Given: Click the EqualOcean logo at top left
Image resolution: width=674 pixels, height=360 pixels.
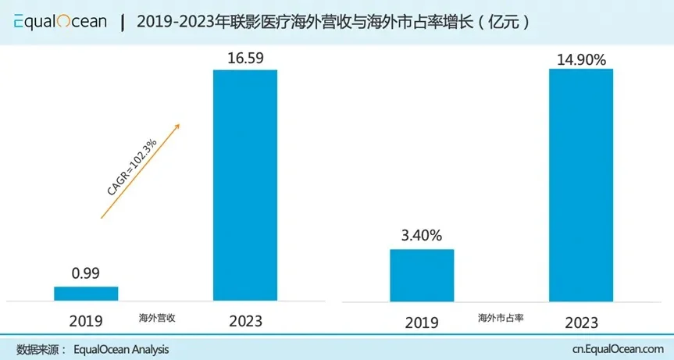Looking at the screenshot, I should click(x=60, y=22).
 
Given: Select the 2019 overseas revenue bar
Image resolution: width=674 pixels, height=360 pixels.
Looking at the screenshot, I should click(x=86, y=294).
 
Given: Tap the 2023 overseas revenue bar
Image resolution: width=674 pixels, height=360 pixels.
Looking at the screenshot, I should click(x=245, y=185).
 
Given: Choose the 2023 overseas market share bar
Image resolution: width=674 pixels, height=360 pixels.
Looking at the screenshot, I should click(x=580, y=185).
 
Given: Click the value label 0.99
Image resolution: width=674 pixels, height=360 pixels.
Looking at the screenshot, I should click(x=86, y=274).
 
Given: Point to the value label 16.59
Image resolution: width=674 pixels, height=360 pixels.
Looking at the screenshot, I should click(x=245, y=57).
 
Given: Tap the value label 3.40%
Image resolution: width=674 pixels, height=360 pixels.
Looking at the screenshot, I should click(x=422, y=235).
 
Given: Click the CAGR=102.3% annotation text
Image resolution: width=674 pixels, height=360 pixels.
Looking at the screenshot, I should click(x=132, y=166).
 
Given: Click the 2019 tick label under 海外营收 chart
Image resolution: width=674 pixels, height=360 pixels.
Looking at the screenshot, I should click(x=86, y=321).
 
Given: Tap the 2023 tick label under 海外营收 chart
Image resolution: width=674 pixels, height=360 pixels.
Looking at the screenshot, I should click(x=245, y=321).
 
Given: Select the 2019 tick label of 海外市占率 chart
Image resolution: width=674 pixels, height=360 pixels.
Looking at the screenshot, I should click(x=422, y=323).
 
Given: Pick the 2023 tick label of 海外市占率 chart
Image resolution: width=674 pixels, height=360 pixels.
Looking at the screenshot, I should click(x=580, y=323).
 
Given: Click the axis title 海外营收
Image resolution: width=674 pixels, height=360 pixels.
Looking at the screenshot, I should click(x=157, y=318).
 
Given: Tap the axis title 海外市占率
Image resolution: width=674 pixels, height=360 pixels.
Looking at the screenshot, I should click(x=501, y=319).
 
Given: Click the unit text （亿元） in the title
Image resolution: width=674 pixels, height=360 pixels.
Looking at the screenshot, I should click(x=508, y=22).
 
